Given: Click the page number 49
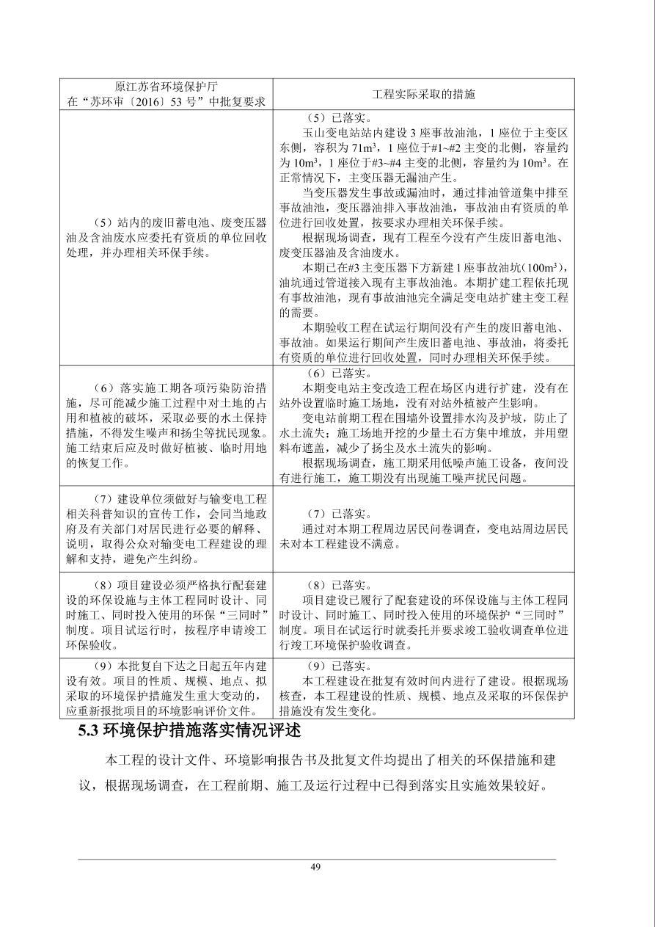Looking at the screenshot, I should pos(315,867).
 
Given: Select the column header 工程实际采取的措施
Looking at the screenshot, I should pos(423,94).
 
